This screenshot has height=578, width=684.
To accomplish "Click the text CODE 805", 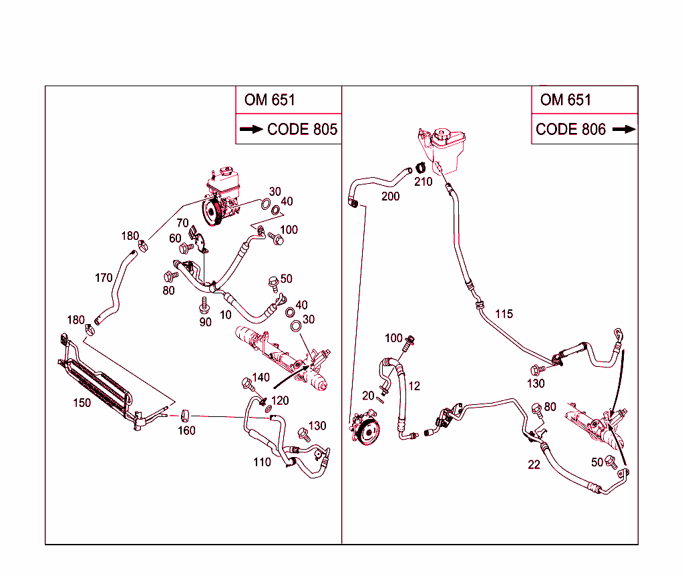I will [x=302, y=130].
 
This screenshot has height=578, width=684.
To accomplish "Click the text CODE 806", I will [x=570, y=130].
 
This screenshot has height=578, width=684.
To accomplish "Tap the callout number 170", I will [x=104, y=278].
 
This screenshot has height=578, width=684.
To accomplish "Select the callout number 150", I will [x=82, y=403].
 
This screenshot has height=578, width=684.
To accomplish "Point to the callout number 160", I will [x=186, y=431].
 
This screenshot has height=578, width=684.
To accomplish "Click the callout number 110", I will [x=262, y=462].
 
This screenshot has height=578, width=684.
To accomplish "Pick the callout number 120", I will [x=280, y=400].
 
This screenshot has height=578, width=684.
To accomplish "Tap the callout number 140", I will [x=261, y=378].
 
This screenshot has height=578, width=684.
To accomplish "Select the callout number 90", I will [x=205, y=322].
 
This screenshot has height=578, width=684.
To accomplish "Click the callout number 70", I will [x=182, y=223].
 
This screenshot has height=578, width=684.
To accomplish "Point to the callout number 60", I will [x=175, y=239].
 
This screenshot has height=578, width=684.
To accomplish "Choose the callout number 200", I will [x=390, y=196].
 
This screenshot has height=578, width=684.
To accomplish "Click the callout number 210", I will [x=423, y=182].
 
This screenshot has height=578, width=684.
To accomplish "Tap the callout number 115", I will [x=504, y=313].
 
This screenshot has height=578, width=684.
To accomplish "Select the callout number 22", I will [x=534, y=464].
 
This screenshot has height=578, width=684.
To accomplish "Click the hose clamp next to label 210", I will [x=421, y=167].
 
